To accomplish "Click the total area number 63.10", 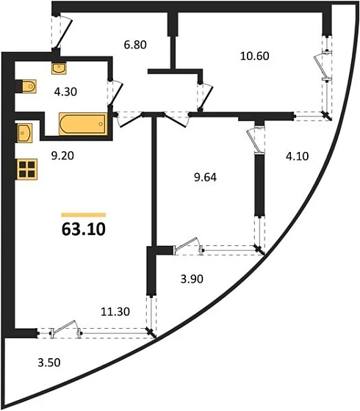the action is [x=84, y=229].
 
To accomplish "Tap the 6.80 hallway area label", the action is [x=135, y=45].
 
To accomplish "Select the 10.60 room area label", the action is [x=255, y=56].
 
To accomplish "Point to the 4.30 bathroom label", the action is [x=65, y=92].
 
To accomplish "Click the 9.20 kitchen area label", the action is [x=62, y=156].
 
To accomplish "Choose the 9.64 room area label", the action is [x=205, y=178].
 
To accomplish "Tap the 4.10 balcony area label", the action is [x=298, y=156].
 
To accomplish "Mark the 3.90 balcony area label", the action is [x=192, y=279].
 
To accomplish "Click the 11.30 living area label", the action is [x=115, y=312].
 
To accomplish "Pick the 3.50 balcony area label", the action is [x=49, y=363].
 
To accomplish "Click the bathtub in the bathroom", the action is [x=83, y=124].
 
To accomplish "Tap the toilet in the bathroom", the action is [x=29, y=87].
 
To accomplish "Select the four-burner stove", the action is [x=27, y=170].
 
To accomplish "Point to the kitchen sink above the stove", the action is [x=25, y=133].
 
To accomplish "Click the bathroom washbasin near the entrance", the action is [x=59, y=68].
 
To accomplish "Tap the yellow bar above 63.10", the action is [x=84, y=215].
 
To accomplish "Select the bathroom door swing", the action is [x=115, y=93].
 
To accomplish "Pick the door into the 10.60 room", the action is [x=205, y=96].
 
